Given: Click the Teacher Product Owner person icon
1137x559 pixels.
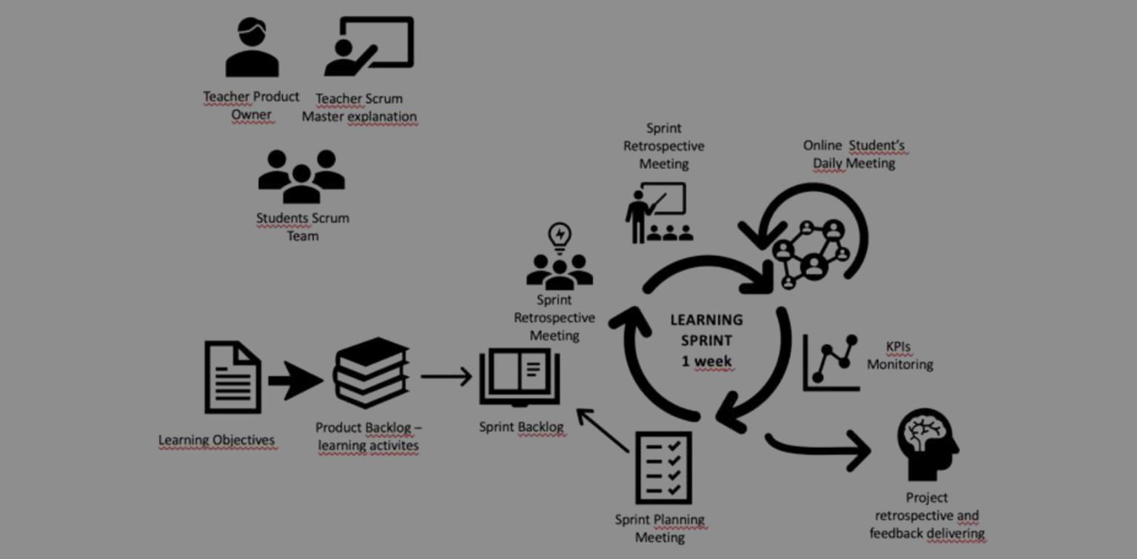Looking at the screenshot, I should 252,48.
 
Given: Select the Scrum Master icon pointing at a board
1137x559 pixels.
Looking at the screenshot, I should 369,47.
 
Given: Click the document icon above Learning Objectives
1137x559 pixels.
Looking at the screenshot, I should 232,377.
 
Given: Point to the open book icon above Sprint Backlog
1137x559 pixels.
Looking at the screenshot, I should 520,378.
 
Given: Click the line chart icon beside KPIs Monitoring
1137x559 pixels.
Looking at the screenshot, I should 831,362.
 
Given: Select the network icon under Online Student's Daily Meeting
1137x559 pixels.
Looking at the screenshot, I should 811,252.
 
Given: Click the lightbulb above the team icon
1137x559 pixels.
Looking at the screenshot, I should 560,237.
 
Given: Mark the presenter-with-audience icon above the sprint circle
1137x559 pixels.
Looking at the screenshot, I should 658,214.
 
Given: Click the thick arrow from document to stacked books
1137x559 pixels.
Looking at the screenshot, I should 295,381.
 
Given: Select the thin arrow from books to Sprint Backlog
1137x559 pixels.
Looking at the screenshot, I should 446,376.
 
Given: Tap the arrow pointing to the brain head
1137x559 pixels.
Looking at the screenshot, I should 819,448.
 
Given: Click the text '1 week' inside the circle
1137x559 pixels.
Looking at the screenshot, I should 707,362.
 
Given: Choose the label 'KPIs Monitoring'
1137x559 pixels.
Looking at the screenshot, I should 899,355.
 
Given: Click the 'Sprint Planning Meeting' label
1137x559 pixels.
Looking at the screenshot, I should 660,529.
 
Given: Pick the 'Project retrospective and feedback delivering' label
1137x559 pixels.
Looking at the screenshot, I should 927,515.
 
